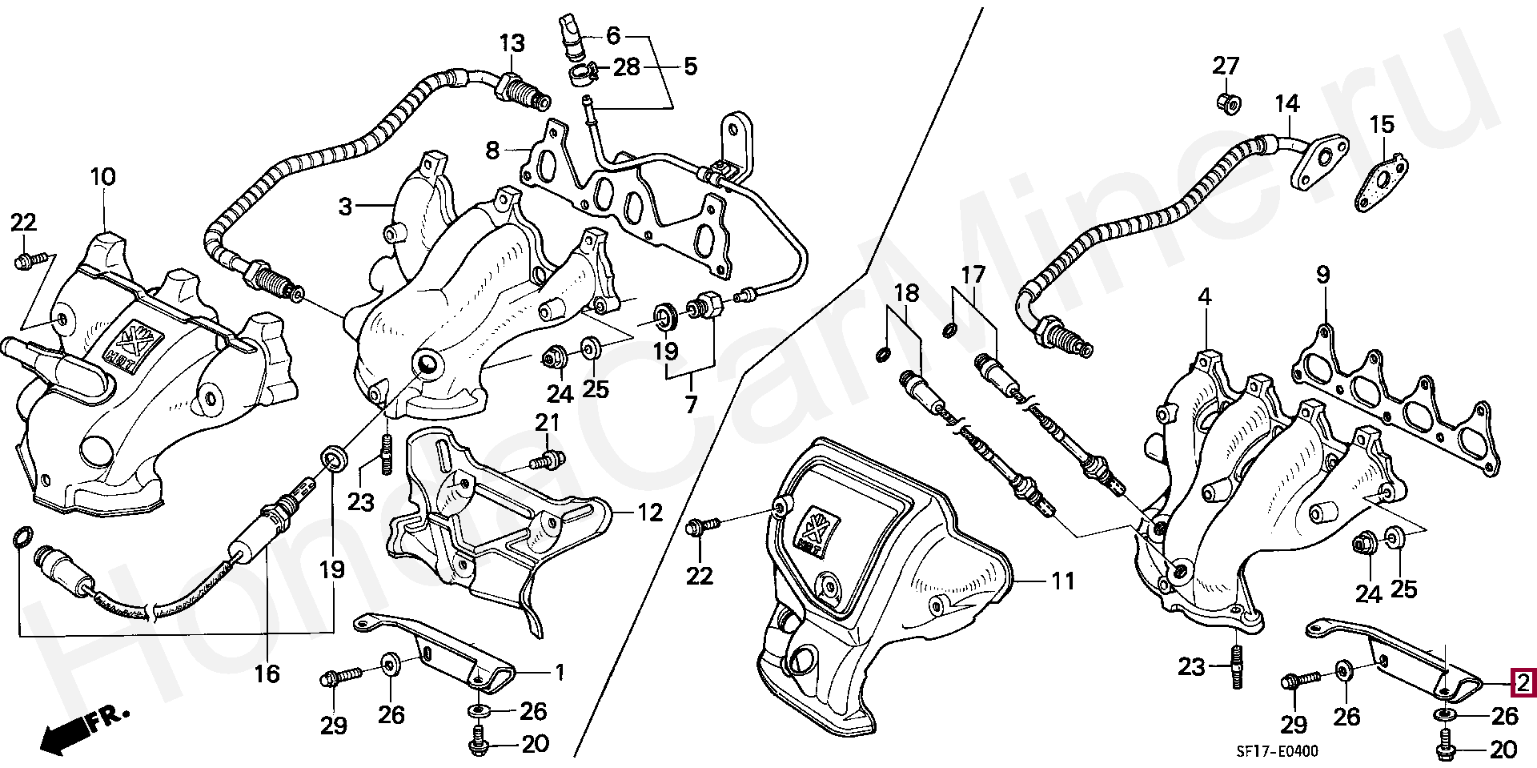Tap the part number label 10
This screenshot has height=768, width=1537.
(103, 176)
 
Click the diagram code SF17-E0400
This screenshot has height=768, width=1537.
(1275, 750)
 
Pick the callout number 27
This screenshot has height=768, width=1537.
(1225, 66)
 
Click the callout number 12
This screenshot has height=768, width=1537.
(650, 512)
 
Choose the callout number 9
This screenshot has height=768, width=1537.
(1322, 275)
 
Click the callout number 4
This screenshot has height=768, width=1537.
(1205, 297)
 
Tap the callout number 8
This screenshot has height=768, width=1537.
(492, 150)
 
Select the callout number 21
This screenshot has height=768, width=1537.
(548, 422)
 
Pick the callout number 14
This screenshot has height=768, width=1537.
(1287, 103)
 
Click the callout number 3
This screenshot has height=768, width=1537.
(345, 207)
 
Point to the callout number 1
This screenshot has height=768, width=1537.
(560, 671)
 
